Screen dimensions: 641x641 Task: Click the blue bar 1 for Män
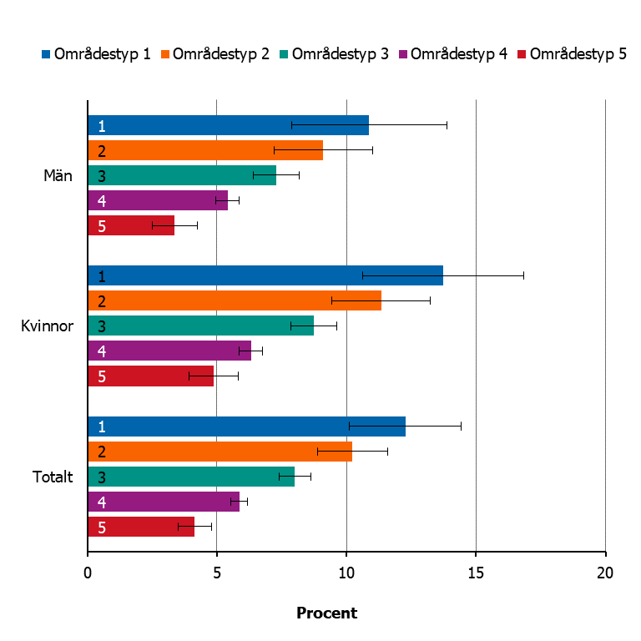[x=229, y=125]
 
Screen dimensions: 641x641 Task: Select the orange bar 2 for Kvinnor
[x=235, y=300]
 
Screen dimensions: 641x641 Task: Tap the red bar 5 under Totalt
[x=141, y=527]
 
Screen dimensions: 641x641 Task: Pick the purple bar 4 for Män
[x=158, y=200]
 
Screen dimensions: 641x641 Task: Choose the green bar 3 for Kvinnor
[x=201, y=326]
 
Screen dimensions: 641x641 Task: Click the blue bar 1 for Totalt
[x=247, y=426]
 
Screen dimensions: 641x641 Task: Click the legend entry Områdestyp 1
[x=97, y=54]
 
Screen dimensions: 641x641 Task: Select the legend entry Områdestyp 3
[x=335, y=54]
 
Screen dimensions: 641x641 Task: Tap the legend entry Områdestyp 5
[x=573, y=54]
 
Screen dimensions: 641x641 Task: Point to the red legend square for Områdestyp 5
[x=522, y=54]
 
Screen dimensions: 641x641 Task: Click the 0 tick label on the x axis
[x=88, y=573]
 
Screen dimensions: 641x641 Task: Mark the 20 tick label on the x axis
[x=605, y=573]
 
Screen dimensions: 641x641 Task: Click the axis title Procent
[x=326, y=613]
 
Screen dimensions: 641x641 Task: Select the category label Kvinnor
[x=47, y=326]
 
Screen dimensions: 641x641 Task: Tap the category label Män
[x=58, y=175]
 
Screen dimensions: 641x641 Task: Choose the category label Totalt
[x=53, y=477]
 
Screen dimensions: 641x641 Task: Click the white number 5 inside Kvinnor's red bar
[x=102, y=376]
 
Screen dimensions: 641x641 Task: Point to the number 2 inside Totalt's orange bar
[x=102, y=452]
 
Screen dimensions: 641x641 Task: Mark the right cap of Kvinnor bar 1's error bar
[x=523, y=275]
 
